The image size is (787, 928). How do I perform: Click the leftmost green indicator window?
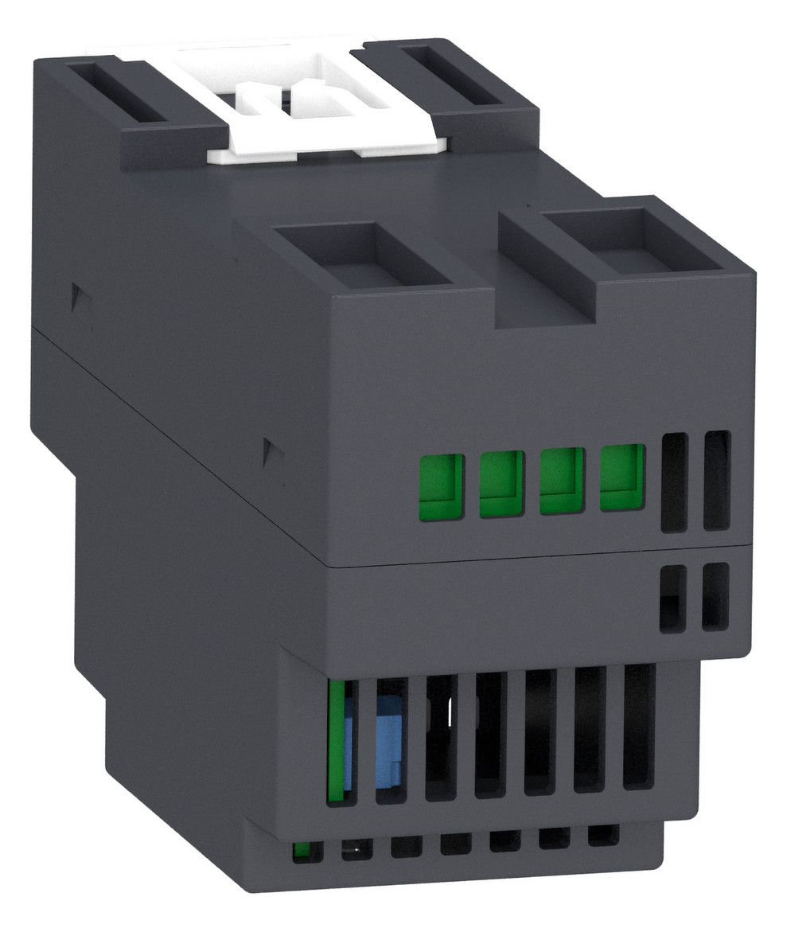coord(442,486)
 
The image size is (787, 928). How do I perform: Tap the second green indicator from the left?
coord(501,484)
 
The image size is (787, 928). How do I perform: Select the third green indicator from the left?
coord(562,481)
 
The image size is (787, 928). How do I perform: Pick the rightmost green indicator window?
coord(621,478)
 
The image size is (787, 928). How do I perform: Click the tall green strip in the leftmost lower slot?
coord(337,740)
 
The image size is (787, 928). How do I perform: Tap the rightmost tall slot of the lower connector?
coord(638,726)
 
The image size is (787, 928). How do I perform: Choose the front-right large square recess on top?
coord(613,239)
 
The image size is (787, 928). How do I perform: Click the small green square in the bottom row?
coord(302,851)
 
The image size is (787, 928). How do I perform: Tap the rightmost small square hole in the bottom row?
coord(603,836)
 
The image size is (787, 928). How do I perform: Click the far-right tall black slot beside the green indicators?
coord(716,480)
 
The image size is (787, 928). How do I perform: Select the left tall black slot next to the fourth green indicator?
coord(673,482)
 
